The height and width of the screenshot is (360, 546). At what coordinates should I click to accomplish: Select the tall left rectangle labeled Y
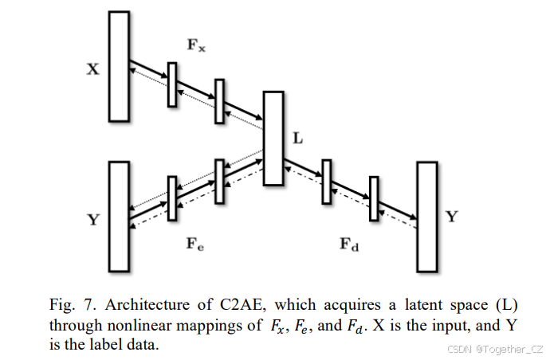(119, 215)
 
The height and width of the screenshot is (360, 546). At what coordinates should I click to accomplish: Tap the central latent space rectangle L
(273, 138)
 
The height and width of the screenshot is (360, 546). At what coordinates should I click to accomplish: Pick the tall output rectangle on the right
(427, 216)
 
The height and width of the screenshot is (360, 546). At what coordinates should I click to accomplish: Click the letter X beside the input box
(92, 69)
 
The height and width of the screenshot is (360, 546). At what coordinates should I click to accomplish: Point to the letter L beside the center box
(298, 138)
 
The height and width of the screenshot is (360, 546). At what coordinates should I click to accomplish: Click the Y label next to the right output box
(451, 217)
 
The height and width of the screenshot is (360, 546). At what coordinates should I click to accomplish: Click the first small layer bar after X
(171, 84)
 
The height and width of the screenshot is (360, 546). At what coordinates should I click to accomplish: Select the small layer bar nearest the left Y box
(171, 198)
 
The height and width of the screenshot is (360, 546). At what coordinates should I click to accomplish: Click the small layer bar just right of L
(326, 182)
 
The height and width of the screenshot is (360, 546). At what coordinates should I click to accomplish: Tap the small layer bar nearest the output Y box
(372, 199)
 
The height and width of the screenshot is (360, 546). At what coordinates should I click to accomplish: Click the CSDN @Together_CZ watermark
(494, 349)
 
